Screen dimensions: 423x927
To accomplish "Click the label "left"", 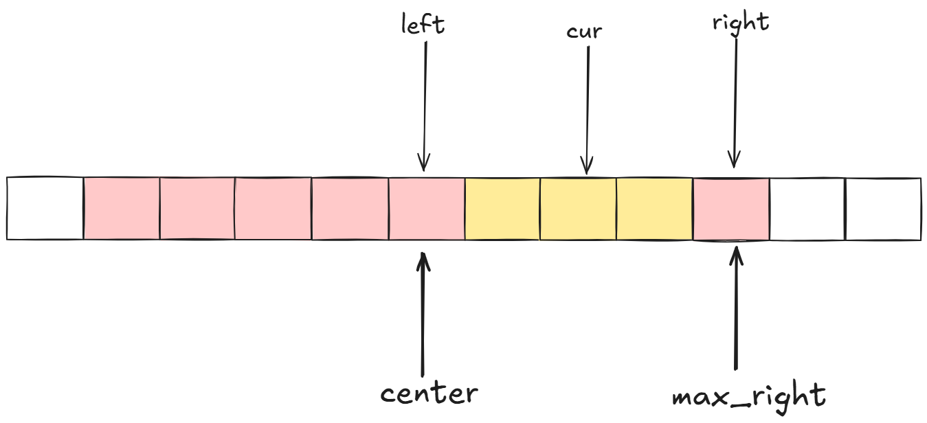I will click(x=423, y=25).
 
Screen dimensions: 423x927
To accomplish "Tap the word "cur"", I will click(x=584, y=32).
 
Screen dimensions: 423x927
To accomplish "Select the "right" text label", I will click(x=741, y=22).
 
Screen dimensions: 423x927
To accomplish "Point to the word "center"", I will click(x=429, y=393).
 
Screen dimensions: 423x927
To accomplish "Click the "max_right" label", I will click(x=748, y=396).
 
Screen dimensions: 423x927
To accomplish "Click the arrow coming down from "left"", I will click(x=425, y=103).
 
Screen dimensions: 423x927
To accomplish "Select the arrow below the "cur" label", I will click(x=587, y=110).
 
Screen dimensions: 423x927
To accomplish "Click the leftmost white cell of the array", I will click(x=45, y=209).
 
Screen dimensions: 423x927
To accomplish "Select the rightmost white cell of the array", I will click(x=882, y=209).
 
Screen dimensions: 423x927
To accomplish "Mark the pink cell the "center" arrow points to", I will click(x=427, y=209).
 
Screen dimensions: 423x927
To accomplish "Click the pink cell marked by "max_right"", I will click(x=730, y=209).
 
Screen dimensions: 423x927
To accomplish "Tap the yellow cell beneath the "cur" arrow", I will click(x=578, y=209).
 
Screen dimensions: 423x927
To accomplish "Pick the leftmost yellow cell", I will click(x=502, y=209).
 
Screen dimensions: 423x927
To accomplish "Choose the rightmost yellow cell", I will click(x=654, y=209).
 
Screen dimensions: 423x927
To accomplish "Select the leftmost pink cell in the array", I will click(x=122, y=209).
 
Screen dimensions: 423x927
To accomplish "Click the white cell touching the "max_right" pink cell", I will click(x=807, y=209).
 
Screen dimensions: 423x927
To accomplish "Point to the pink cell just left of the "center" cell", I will click(x=350, y=209).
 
